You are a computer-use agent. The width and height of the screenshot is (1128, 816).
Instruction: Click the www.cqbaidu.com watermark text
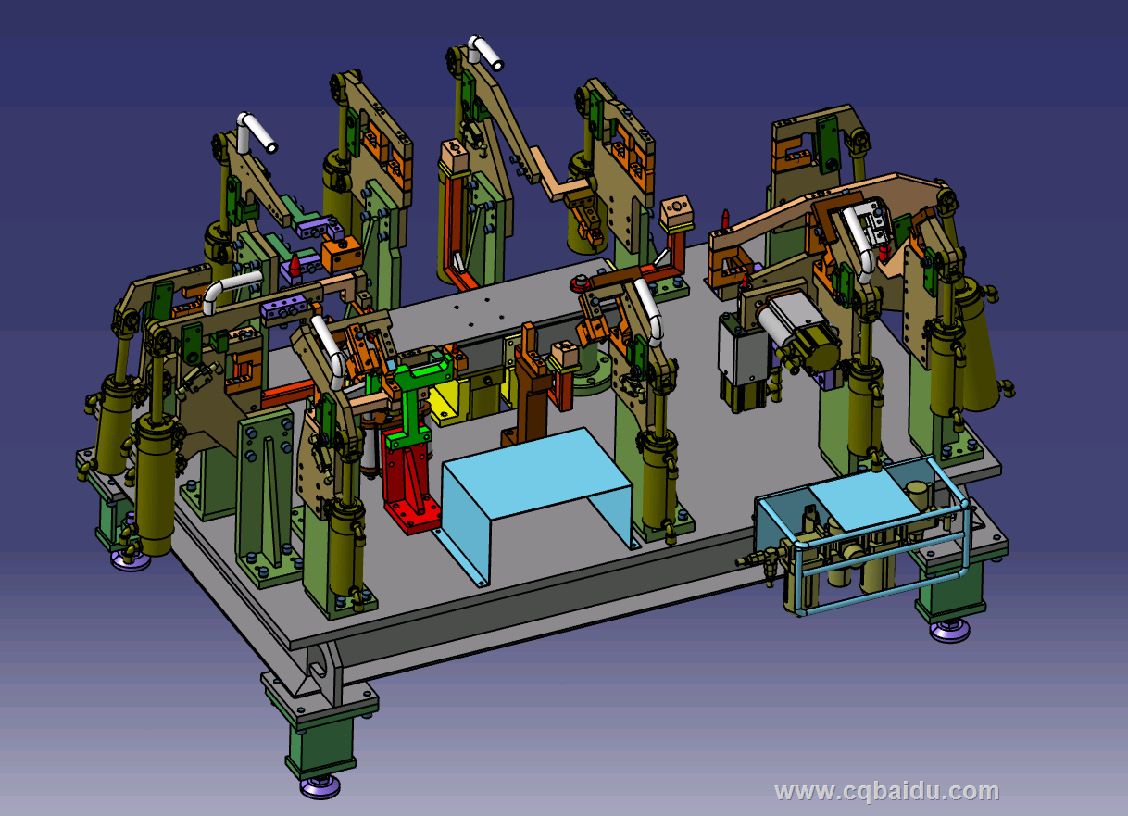point(887,791)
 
